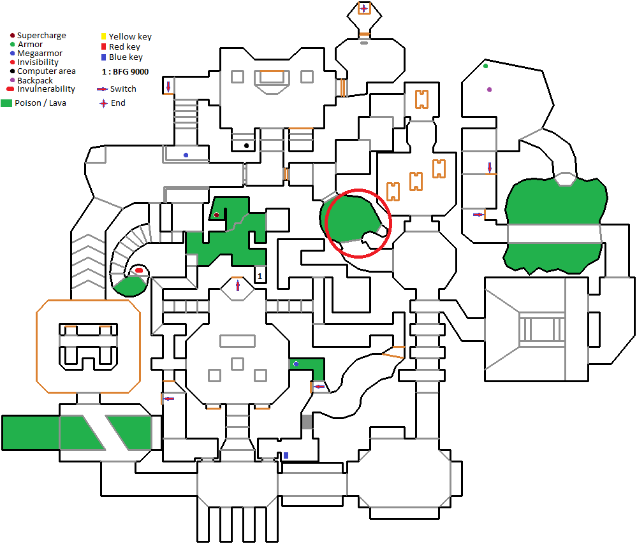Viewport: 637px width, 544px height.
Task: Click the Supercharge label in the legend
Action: click(x=41, y=36)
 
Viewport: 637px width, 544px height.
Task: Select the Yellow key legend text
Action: click(x=130, y=37)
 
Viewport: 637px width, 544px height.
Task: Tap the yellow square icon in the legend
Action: click(x=104, y=37)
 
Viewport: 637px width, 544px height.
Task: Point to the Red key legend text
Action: click(x=124, y=47)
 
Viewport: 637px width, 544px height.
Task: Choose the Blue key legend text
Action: click(x=126, y=57)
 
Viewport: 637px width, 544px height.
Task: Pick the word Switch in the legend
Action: click(x=123, y=89)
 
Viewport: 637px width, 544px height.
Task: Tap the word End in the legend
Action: click(x=118, y=103)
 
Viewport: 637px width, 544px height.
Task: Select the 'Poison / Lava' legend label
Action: click(x=40, y=103)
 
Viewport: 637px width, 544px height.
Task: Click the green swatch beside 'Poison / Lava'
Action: click(x=6, y=103)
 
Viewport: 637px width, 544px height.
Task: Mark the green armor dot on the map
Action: click(x=486, y=66)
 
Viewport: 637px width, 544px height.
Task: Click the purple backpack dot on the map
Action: click(x=490, y=90)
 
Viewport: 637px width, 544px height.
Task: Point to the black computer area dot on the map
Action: click(x=247, y=145)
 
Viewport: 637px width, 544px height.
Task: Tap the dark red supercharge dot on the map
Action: click(x=217, y=215)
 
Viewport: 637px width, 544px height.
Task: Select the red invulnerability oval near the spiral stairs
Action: click(x=139, y=271)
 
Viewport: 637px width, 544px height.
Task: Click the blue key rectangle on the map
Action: click(x=286, y=455)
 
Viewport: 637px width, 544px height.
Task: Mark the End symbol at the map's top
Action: click(x=364, y=8)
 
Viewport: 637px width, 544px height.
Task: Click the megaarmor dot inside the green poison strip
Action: click(x=296, y=364)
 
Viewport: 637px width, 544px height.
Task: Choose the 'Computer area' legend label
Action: click(x=47, y=71)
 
